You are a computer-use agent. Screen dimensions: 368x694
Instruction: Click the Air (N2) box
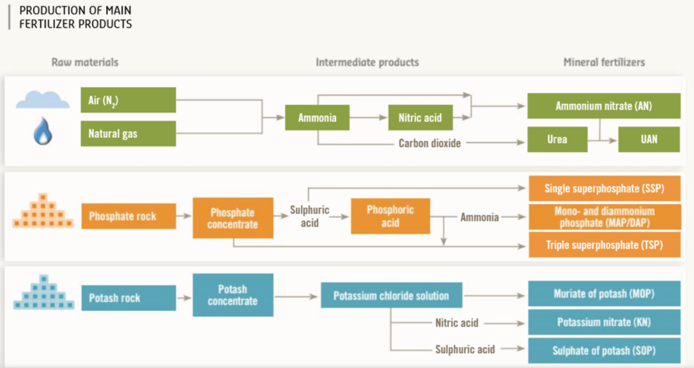128,100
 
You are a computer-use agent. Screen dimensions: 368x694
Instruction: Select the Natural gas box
128,133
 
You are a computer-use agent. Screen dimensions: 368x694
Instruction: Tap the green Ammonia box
317,118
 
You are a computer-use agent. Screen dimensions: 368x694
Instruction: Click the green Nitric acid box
420,118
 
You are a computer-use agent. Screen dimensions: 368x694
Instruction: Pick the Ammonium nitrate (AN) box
604,106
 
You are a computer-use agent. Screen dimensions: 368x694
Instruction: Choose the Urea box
557,139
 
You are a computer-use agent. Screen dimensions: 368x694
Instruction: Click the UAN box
649,139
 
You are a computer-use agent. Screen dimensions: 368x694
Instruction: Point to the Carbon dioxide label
429,143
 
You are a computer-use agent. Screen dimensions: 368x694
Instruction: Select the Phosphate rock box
128,216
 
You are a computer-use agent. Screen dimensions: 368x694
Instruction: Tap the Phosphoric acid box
390,216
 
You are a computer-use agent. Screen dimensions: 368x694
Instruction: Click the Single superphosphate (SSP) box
604,188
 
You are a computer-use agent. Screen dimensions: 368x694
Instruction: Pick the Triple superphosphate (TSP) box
604,245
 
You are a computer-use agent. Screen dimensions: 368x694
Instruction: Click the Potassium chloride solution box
391,296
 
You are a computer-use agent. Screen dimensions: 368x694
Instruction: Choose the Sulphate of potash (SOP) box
604,350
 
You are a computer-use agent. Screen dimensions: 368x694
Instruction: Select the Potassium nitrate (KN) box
604,322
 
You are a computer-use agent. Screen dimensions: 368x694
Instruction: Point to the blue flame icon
43,131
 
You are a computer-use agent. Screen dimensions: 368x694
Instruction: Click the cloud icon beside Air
43,100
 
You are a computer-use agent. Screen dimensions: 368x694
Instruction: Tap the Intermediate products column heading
367,62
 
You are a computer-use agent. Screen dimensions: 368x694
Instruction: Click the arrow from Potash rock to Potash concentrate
184,298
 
